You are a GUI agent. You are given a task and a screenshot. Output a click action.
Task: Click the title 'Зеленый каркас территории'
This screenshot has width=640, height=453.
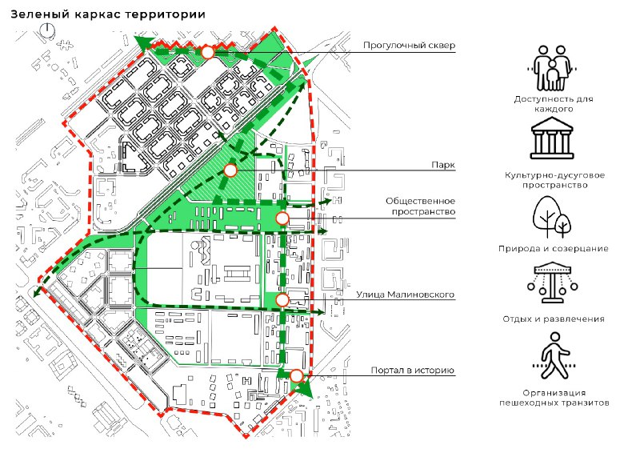coord(108,14)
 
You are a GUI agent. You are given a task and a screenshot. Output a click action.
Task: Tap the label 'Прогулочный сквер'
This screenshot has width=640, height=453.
coord(409,46)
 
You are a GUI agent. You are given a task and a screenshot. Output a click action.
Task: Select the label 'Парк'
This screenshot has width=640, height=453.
coord(443,165)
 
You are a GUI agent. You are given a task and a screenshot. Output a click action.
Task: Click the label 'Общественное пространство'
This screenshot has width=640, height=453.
coord(421,206)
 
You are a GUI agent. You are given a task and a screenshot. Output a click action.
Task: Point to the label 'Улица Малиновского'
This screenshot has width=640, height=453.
coord(406,295)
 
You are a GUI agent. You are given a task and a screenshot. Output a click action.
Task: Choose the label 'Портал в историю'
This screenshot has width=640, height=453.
coord(413,370)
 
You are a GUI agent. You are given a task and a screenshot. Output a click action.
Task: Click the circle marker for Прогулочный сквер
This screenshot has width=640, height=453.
coord(208,53)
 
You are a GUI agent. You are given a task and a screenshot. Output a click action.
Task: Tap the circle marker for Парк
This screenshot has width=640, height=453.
coord(230,170)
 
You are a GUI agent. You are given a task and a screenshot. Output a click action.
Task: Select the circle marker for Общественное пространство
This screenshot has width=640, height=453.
coord(282,218)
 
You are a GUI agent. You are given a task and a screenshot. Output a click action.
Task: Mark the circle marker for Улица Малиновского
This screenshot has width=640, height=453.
coord(282,300)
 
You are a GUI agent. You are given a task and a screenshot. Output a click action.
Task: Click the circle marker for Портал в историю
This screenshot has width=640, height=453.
coord(296,375)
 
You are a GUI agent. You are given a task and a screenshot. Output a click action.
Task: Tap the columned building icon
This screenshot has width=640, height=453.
coord(552,138)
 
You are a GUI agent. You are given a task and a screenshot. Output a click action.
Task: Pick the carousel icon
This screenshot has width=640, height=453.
coord(552,283)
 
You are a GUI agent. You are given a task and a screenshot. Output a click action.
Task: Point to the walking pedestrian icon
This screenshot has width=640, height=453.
coord(554,356)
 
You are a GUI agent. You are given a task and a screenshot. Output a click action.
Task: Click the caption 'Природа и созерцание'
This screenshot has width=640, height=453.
coord(554,248)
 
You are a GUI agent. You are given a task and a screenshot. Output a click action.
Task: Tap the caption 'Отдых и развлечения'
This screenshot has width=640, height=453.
coord(554,319)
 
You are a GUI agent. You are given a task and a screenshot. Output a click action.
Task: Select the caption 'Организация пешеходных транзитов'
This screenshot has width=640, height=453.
coord(554,398)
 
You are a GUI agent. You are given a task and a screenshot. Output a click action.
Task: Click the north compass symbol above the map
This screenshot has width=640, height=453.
coord(48,31)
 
